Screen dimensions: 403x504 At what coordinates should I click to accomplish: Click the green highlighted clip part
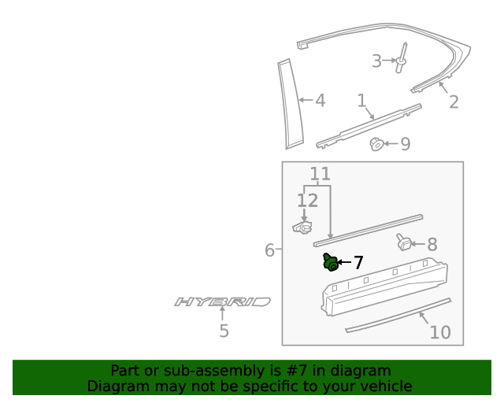[x=331, y=262]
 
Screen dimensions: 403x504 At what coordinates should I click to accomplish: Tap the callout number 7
[x=358, y=263]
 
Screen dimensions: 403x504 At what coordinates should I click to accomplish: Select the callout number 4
[x=320, y=101]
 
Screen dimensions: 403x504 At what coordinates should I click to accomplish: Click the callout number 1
[x=361, y=101]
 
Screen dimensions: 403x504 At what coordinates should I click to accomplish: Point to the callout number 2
[x=454, y=102]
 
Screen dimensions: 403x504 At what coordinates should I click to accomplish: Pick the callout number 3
[x=376, y=61]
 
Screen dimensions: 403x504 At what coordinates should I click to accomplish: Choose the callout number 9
[x=406, y=144]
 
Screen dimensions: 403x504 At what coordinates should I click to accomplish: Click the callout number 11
[x=320, y=174]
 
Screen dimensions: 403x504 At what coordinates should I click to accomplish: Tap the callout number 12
[x=307, y=201]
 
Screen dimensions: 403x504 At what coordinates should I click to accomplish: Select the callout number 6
[x=269, y=250]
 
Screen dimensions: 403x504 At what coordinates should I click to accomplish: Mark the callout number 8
[x=432, y=245]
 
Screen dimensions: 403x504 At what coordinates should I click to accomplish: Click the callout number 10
[x=440, y=332]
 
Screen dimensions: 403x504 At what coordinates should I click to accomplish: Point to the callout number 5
[x=224, y=331]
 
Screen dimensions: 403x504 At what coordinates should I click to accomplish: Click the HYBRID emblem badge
[x=223, y=301]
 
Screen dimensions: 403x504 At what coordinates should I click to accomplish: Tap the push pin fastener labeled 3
[x=402, y=58]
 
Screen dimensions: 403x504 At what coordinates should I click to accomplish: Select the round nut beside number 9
[x=377, y=144]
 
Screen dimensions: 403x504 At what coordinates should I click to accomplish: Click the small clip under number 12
[x=302, y=227]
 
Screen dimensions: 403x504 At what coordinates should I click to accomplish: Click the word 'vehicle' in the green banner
[x=384, y=386]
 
